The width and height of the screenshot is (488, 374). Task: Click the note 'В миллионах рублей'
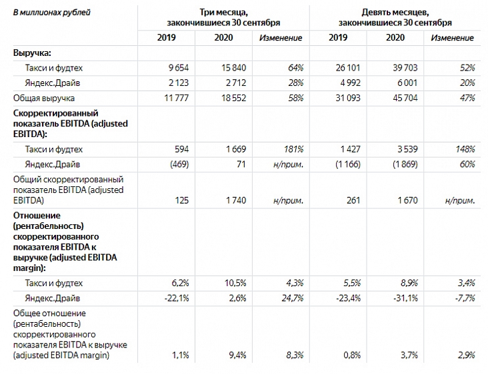(51, 13)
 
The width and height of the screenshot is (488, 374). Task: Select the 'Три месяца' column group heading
(223, 18)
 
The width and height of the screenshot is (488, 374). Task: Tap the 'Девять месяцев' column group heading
(395, 18)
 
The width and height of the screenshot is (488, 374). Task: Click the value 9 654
(179, 68)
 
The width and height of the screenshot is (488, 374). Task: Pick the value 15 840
(234, 68)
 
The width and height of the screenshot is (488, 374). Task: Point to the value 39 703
(405, 68)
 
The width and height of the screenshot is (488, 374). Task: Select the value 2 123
(179, 83)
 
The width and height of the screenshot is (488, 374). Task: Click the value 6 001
(408, 83)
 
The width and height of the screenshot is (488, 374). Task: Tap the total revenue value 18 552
(234, 98)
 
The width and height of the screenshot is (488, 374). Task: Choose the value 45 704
(405, 98)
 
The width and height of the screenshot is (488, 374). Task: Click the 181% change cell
(293, 150)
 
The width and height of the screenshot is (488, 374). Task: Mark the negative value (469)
(179, 164)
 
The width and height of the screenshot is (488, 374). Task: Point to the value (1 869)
(405, 164)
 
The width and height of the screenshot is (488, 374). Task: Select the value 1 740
(236, 200)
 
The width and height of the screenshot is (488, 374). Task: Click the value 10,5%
(235, 283)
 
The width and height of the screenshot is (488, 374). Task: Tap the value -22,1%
(177, 299)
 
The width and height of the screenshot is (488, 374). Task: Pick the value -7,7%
(465, 299)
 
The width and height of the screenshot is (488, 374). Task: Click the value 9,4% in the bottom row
(237, 355)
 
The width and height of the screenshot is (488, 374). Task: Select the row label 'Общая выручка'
(44, 98)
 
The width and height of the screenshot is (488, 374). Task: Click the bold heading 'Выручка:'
(32, 53)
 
